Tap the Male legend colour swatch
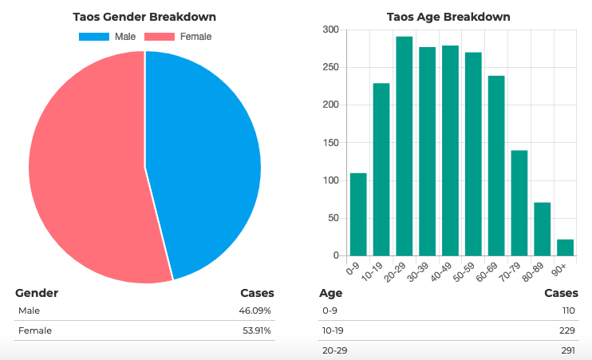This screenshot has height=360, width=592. tap(94, 37)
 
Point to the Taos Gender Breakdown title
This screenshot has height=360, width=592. tap(144, 17)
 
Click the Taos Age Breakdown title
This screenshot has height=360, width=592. tap(448, 17)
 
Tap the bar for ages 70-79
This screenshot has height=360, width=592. tap(519, 203)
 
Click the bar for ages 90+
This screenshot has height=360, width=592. tap(565, 247)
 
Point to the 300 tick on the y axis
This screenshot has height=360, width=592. tap(330, 30)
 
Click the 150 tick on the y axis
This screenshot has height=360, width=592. tap(330, 143)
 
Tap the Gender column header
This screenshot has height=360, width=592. tap(37, 293)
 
